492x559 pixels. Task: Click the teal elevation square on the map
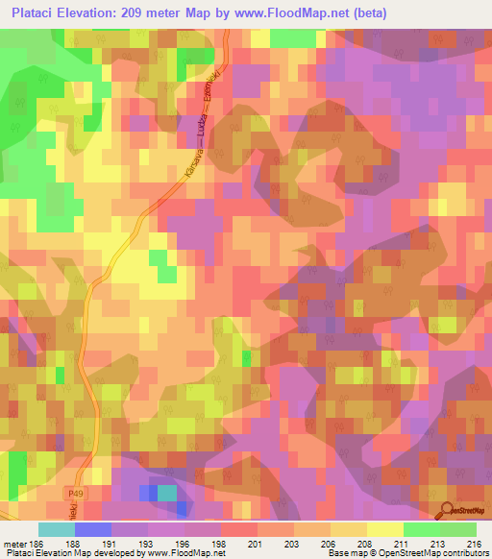click(167, 493)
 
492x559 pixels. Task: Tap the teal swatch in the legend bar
click(57, 529)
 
